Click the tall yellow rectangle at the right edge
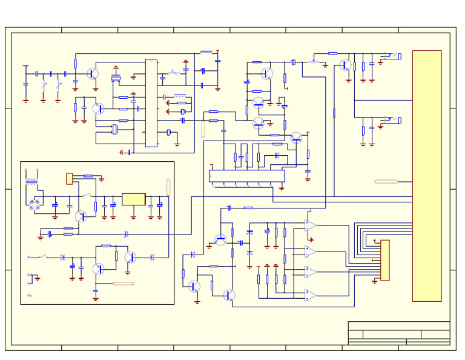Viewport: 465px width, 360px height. pos(427,176)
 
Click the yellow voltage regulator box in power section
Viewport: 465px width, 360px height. pos(134,199)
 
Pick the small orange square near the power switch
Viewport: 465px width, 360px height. pos(70,178)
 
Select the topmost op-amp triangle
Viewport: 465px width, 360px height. pos(310,226)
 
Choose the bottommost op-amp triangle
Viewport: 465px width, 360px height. pos(310,296)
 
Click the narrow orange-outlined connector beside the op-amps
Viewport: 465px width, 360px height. pos(384,260)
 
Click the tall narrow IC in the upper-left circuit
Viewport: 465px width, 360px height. pos(151,102)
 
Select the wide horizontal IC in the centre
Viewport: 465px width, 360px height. pos(246,176)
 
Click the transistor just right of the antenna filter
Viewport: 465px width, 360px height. pos(93,73)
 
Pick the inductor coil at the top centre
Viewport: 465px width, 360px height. pos(206,53)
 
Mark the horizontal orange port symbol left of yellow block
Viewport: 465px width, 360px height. pos(386,181)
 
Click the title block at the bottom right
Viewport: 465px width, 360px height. pos(398,333)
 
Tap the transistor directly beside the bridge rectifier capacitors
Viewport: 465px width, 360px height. pos(81,216)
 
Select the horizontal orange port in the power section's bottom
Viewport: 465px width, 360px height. pos(124,283)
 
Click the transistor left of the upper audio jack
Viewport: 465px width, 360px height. pos(345,65)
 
